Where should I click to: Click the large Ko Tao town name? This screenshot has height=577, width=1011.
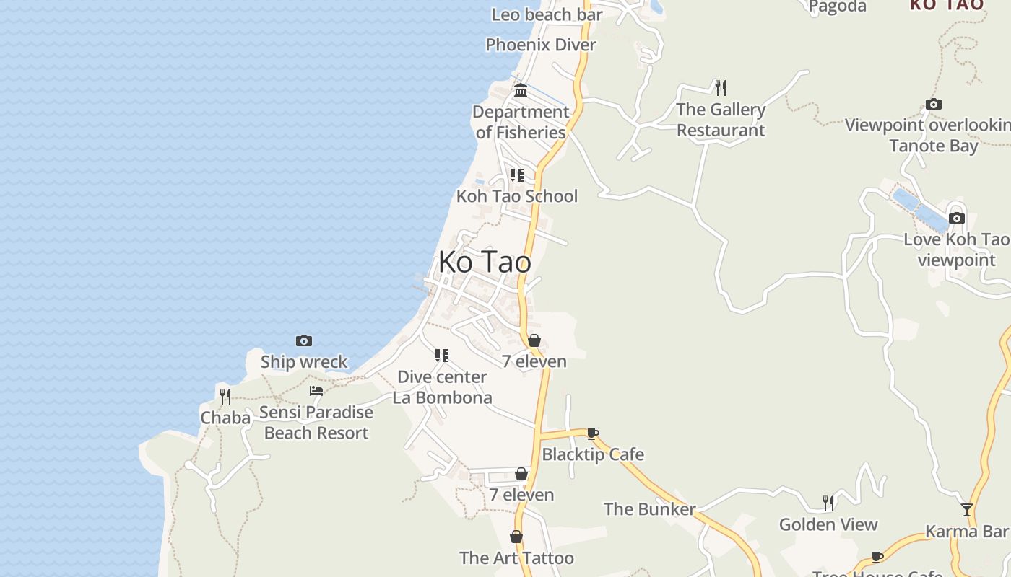coord(485,262)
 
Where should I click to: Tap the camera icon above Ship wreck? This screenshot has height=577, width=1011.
coord(304,340)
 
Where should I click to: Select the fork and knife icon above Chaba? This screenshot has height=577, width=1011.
coord(225,396)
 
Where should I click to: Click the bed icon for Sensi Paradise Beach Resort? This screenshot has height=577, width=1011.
coord(316,391)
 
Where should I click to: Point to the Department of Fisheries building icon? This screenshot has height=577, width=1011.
coord(520,91)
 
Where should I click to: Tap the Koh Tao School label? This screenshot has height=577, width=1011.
coord(516,196)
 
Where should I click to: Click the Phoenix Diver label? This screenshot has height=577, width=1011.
coord(541,45)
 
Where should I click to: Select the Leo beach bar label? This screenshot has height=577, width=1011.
coord(547,14)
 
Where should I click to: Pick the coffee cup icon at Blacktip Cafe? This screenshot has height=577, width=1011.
coord(593,433)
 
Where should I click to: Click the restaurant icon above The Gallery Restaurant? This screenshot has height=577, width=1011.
coord(720,88)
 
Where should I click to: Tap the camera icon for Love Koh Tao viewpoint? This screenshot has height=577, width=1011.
coord(957,218)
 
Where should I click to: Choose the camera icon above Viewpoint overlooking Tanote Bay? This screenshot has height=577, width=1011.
coord(934,105)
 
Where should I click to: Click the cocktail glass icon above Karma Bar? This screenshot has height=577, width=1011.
coord(967,510)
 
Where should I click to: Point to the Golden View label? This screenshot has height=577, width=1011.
coord(828,524)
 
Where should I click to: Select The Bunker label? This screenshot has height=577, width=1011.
coord(649,509)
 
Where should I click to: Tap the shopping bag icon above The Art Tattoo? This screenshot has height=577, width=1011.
coord(516,537)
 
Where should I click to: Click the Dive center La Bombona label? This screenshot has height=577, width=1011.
coord(442,387)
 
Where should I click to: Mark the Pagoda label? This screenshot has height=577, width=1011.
coord(837,6)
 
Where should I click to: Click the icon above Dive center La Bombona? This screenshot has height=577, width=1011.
coord(442,355)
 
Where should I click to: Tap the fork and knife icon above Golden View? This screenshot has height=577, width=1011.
coord(828,503)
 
